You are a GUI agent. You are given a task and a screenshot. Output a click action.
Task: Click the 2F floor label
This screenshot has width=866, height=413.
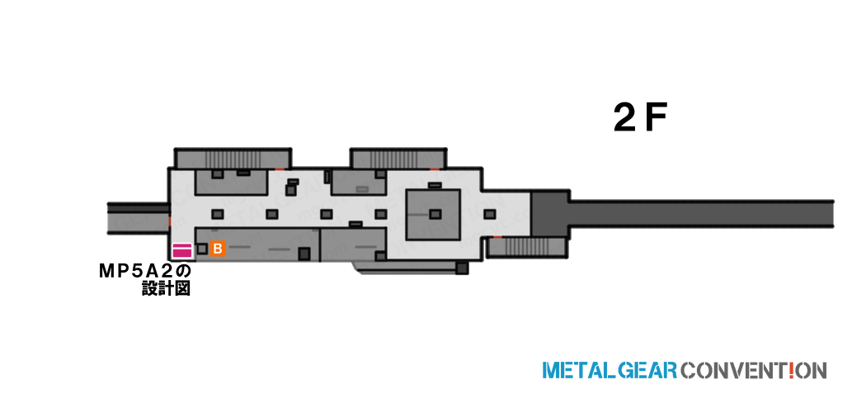coord(641,119)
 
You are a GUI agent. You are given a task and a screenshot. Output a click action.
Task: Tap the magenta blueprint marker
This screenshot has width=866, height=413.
coord(182,250)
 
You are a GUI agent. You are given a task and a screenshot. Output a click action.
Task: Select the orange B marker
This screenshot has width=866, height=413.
coord(218,249)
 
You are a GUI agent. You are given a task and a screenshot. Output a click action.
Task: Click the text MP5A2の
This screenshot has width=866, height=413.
coord(144,272)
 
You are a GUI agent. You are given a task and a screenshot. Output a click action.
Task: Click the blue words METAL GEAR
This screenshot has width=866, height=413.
coord(609,370)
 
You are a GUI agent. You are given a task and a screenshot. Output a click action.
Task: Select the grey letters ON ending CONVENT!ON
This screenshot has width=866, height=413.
coord(812,370)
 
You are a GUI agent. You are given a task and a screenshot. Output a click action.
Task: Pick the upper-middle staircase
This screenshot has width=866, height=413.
coord(397,159)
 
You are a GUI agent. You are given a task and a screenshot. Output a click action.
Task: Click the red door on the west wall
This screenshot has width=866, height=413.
coord(170,221)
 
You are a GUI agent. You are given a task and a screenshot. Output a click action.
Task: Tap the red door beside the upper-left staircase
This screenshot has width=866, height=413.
coord(280,168)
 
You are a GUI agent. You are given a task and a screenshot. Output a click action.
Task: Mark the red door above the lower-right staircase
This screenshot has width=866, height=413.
coord(497,237)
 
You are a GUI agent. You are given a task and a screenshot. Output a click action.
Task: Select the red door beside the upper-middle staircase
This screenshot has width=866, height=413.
coord(435,168)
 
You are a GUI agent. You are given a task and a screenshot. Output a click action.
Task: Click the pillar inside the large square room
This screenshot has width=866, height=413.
coord(435,214)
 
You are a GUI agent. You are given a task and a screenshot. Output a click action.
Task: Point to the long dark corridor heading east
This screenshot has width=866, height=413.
coord(701,214)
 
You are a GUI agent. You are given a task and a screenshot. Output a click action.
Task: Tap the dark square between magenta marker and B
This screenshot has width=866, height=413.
coord(202,249)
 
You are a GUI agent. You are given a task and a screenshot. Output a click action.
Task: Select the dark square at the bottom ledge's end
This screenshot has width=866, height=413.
coord(462,268)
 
